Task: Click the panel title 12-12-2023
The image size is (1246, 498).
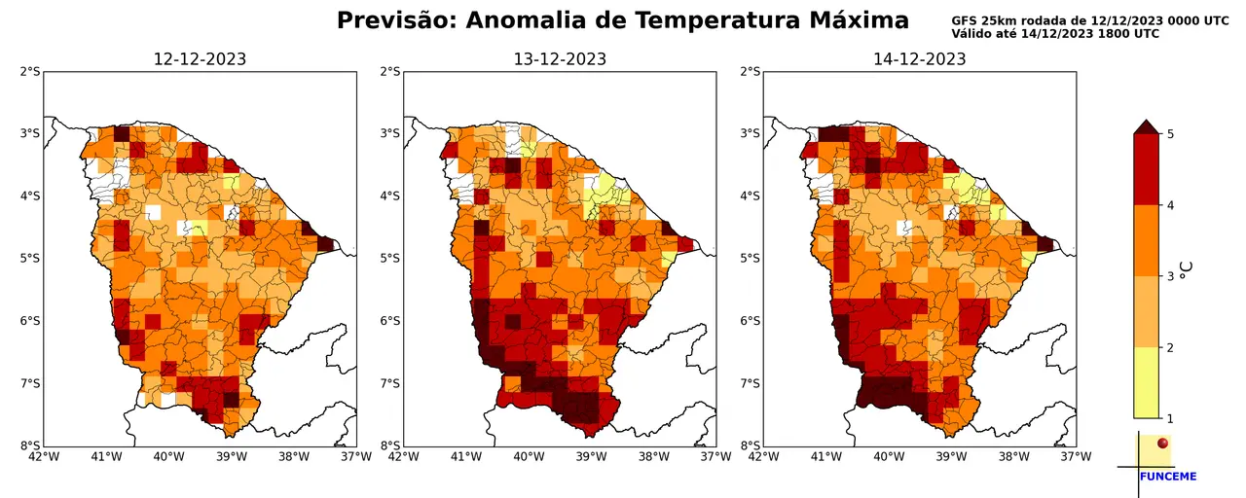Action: (200, 59)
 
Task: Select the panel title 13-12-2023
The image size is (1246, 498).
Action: (560, 59)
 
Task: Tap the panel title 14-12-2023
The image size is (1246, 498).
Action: (920, 59)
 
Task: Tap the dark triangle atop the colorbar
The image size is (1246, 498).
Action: (1146, 126)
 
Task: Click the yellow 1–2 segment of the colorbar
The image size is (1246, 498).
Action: (1146, 382)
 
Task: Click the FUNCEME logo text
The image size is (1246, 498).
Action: (1167, 477)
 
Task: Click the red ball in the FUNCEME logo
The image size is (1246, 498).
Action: (1162, 445)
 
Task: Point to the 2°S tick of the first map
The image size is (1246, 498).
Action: (30, 71)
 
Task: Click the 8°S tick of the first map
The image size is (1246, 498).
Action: (30, 445)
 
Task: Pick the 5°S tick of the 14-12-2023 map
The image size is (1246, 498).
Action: (751, 258)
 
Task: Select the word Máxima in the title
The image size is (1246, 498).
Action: (853, 20)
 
